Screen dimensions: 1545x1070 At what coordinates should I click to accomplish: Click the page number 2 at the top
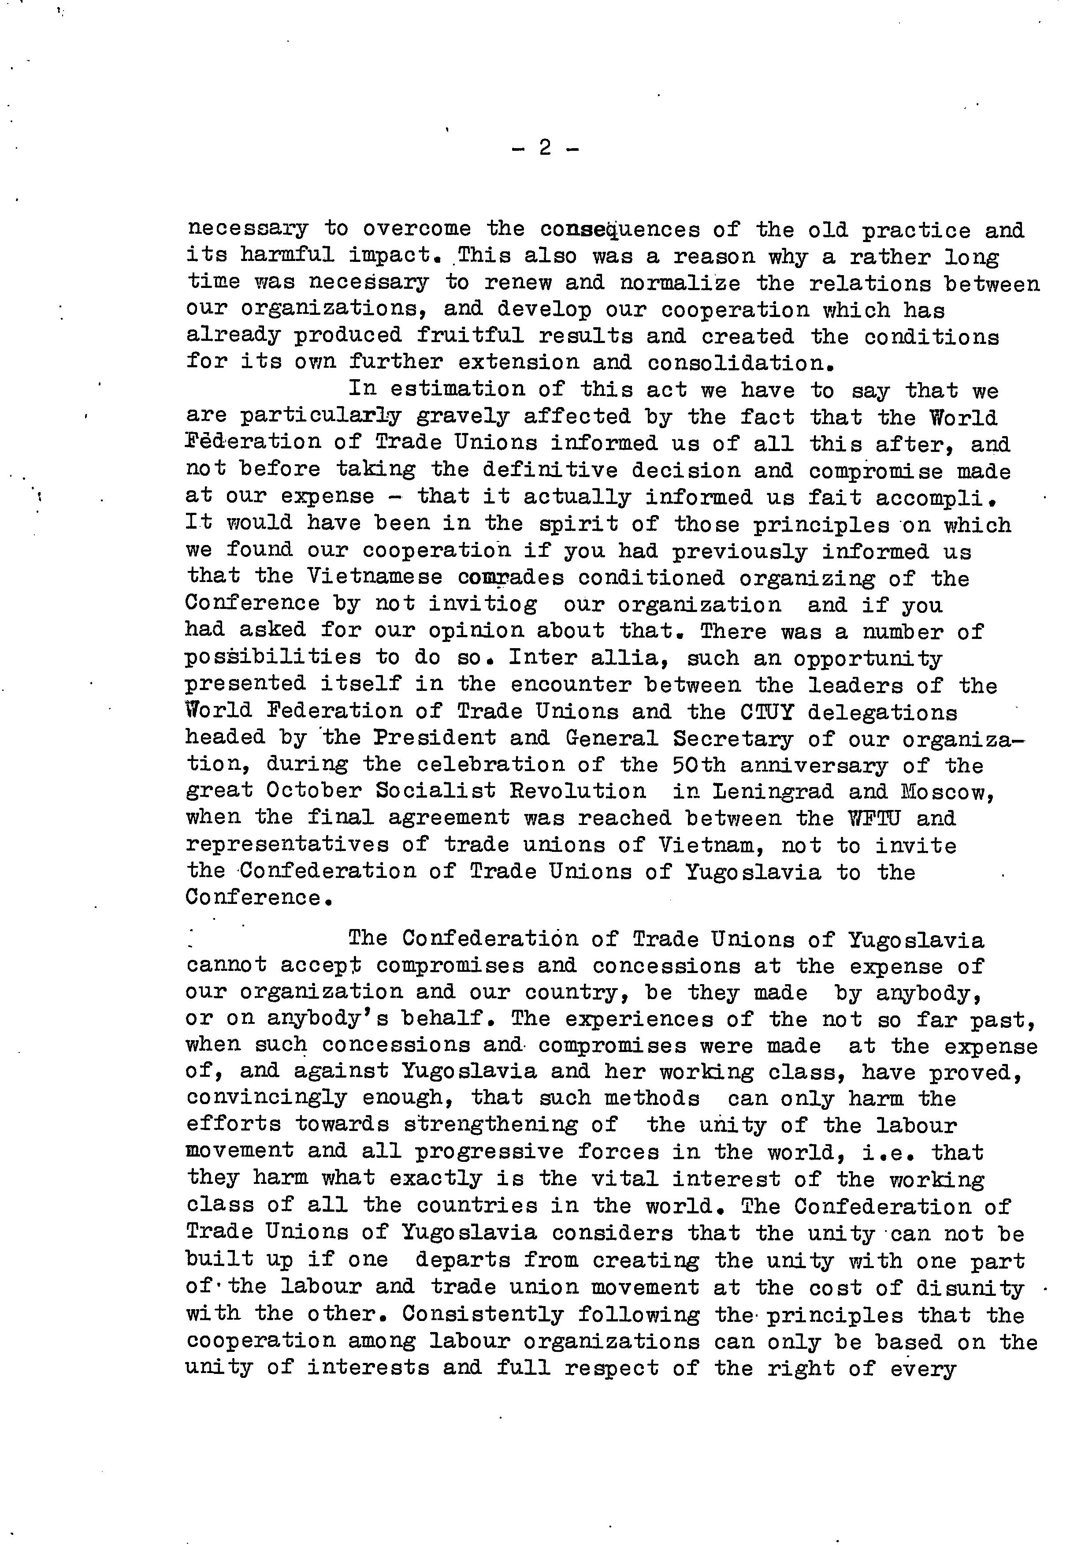[544, 148]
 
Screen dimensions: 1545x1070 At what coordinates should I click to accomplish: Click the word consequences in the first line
[620, 230]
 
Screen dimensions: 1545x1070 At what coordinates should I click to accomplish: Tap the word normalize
[680, 283]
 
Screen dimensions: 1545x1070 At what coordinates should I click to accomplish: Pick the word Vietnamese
[375, 577]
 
